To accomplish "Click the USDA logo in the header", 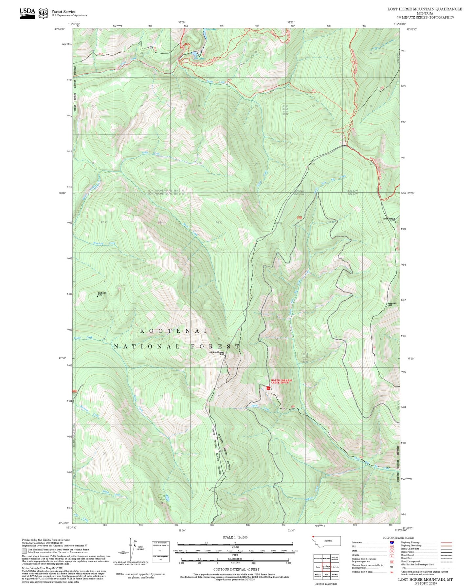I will [x=27, y=12].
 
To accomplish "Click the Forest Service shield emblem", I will [x=43, y=13].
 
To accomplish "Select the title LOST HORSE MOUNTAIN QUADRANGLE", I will [x=425, y=9].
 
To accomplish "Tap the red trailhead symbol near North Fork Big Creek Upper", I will [x=268, y=388].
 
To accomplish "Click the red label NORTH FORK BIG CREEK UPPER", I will [x=281, y=381].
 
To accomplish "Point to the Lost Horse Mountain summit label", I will [x=217, y=353].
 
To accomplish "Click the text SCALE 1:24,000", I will [x=235, y=537].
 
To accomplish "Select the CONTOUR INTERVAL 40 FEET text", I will [x=236, y=570].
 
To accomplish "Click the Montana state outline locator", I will [x=326, y=541].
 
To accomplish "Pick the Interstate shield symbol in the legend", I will [x=391, y=543].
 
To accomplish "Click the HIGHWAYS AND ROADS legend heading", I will [x=398, y=538].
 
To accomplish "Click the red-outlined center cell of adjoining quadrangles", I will [x=326, y=567].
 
